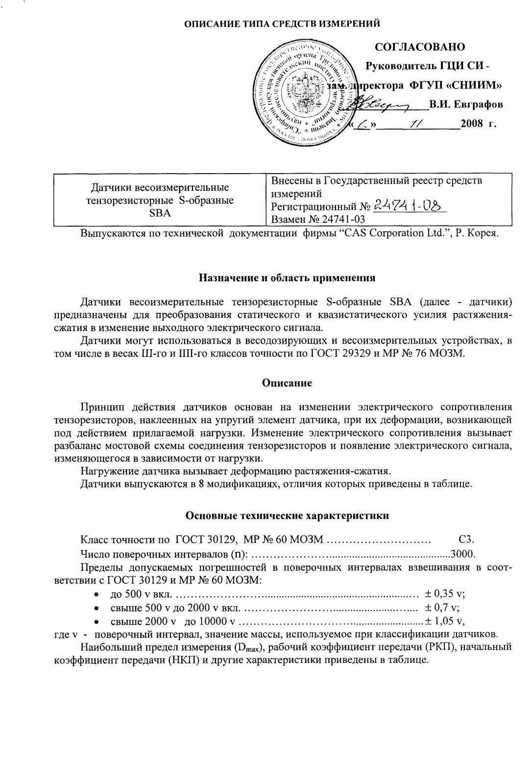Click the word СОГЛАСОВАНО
click(420, 47)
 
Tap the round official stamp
click(308, 91)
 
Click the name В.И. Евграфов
click(465, 104)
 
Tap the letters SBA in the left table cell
click(160, 213)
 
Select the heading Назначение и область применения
click(287, 278)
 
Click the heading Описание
click(287, 383)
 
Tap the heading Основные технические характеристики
click(287, 515)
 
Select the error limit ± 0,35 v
click(445, 594)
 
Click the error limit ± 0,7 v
click(442, 609)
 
